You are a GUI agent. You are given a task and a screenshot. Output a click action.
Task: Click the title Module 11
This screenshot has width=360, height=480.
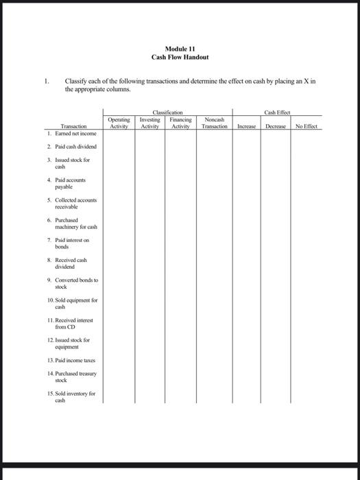tap(180, 49)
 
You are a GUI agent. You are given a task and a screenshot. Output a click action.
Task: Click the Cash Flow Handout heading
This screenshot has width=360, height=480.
tap(180, 57)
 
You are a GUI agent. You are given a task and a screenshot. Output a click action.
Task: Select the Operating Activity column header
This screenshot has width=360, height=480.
tap(119, 123)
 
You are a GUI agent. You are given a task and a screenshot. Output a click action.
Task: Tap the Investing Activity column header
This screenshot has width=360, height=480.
tap(149, 123)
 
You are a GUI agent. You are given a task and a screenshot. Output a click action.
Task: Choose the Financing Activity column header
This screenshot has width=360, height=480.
tap(180, 123)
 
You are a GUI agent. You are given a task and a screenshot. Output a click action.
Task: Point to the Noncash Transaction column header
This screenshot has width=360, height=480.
tap(215, 123)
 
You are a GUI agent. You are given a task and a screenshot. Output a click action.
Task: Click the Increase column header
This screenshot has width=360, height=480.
tap(246, 127)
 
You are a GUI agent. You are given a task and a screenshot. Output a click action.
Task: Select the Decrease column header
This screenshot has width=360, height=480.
tap(276, 127)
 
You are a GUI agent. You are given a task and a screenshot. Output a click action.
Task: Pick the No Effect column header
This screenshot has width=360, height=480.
tap(307, 127)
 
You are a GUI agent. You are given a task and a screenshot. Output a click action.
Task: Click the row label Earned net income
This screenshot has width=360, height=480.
tap(72, 134)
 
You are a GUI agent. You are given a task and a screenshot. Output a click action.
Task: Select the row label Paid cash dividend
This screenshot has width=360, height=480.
tap(73, 147)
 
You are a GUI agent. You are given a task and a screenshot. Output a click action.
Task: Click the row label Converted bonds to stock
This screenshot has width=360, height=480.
tap(74, 283)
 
